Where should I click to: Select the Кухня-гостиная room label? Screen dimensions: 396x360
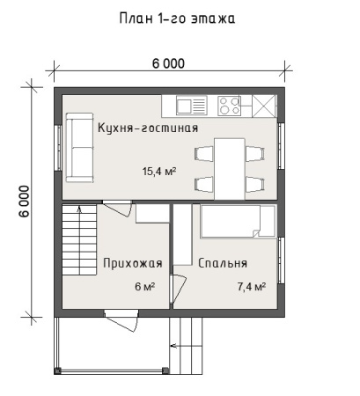[148, 128]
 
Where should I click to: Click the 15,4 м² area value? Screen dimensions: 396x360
[159, 172]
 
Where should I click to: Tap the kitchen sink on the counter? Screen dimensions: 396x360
[191, 106]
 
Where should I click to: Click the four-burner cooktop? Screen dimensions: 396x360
[230, 106]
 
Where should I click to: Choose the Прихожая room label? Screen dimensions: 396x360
[132, 262]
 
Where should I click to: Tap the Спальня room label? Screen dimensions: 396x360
[222, 262]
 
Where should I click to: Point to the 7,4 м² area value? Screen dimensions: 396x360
[251, 287]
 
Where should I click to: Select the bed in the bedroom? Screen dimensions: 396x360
[235, 222]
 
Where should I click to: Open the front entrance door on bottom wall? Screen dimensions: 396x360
[118, 314]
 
